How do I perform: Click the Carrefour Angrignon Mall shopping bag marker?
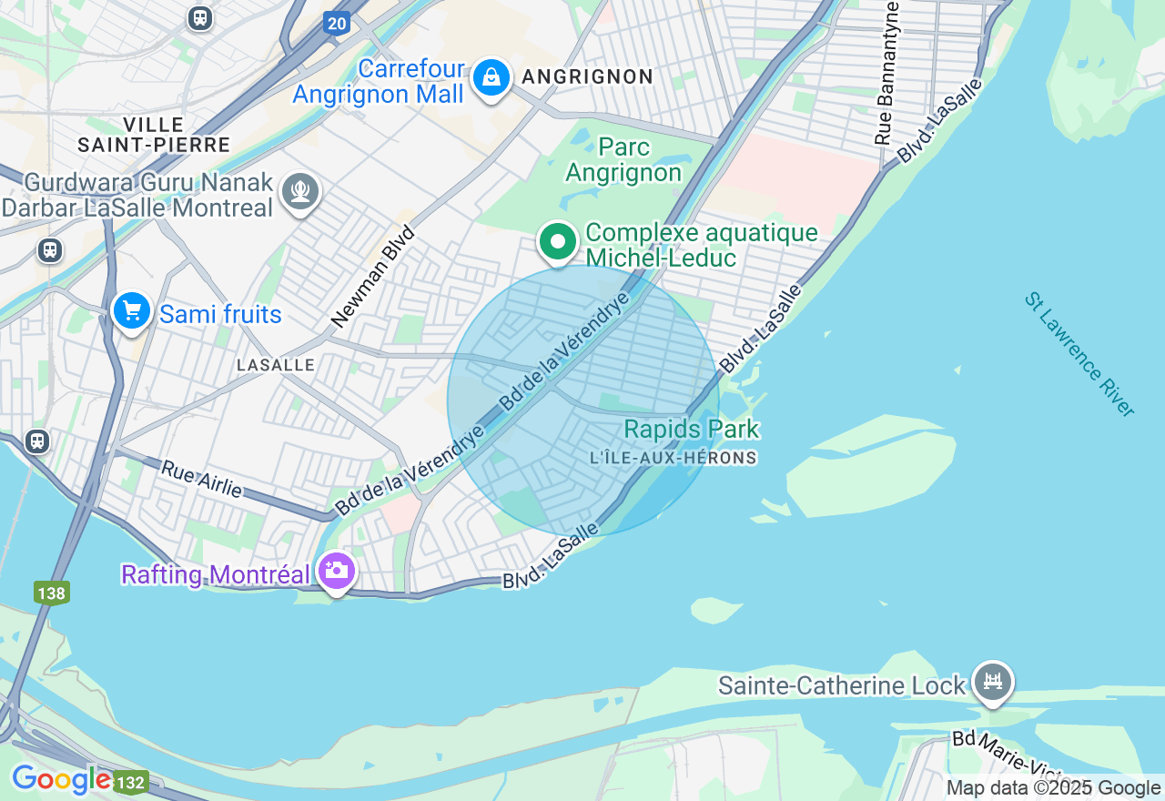click(x=491, y=79)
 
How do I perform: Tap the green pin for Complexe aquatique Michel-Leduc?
click(x=558, y=242)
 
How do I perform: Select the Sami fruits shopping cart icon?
click(x=132, y=312)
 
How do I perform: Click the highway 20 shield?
click(x=337, y=23)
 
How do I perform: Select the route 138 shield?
click(x=52, y=593)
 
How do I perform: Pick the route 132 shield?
click(x=131, y=783)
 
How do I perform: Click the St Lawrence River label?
click(x=1079, y=354)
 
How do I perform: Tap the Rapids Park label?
click(x=692, y=429)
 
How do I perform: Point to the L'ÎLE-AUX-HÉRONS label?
click(x=674, y=458)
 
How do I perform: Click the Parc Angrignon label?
click(x=623, y=159)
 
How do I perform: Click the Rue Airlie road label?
click(x=202, y=479)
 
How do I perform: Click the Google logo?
click(x=61, y=780)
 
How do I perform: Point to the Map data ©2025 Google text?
click(x=1053, y=788)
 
